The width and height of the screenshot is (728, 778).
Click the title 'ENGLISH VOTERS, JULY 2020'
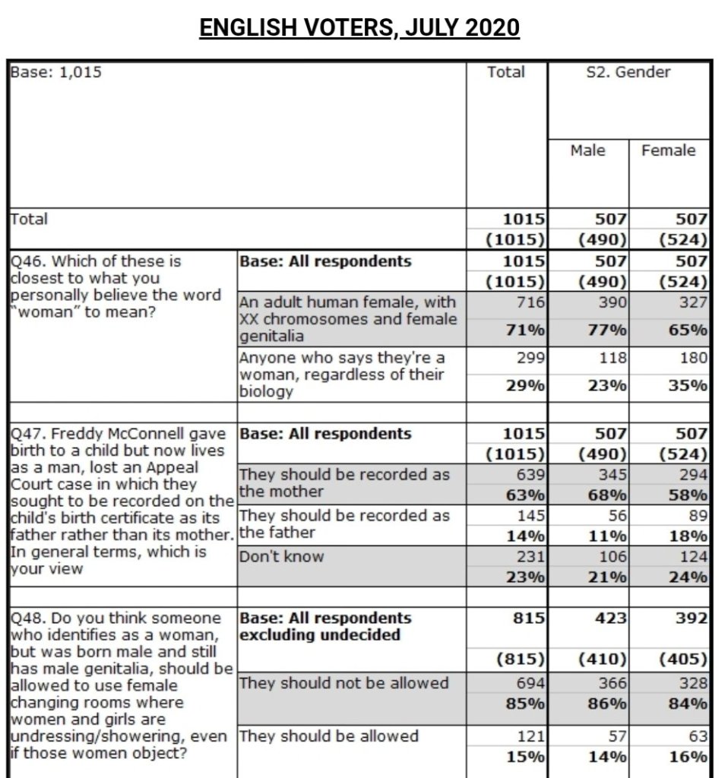pos(359,28)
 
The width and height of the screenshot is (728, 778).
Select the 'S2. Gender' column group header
pos(628,73)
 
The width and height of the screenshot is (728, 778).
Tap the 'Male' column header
pos(587,150)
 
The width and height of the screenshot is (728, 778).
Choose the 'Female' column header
pos(668,150)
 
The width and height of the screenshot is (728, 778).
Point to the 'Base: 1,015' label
pos(55,73)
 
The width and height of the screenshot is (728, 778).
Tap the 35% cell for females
pos(688,385)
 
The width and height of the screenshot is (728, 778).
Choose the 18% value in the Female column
pos(688,536)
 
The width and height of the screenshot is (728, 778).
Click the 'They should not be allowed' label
pos(343,683)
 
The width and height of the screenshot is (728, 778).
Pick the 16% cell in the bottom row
pos(688,756)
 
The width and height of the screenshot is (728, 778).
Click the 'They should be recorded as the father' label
pos(343,523)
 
